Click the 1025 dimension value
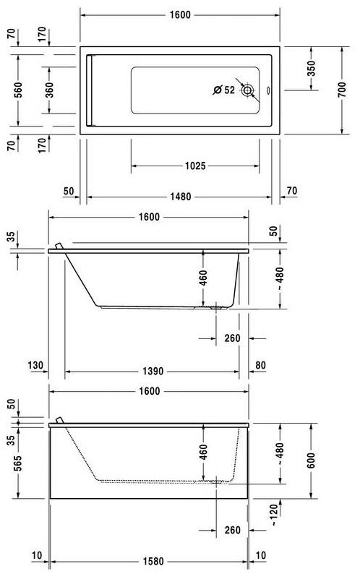pyautogui.click(x=195, y=166)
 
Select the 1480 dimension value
pyautogui.click(x=181, y=196)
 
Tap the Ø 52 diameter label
pyautogui.click(x=224, y=91)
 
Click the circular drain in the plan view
pyautogui.click(x=249, y=91)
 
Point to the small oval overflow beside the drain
pyautogui.click(x=267, y=91)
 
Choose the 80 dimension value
pyautogui.click(x=260, y=365)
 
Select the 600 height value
pyautogui.click(x=312, y=462)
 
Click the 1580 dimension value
pyautogui.click(x=150, y=560)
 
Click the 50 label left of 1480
pyautogui.click(x=69, y=191)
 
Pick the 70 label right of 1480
pyautogui.click(x=291, y=191)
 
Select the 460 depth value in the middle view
pyautogui.click(x=203, y=277)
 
